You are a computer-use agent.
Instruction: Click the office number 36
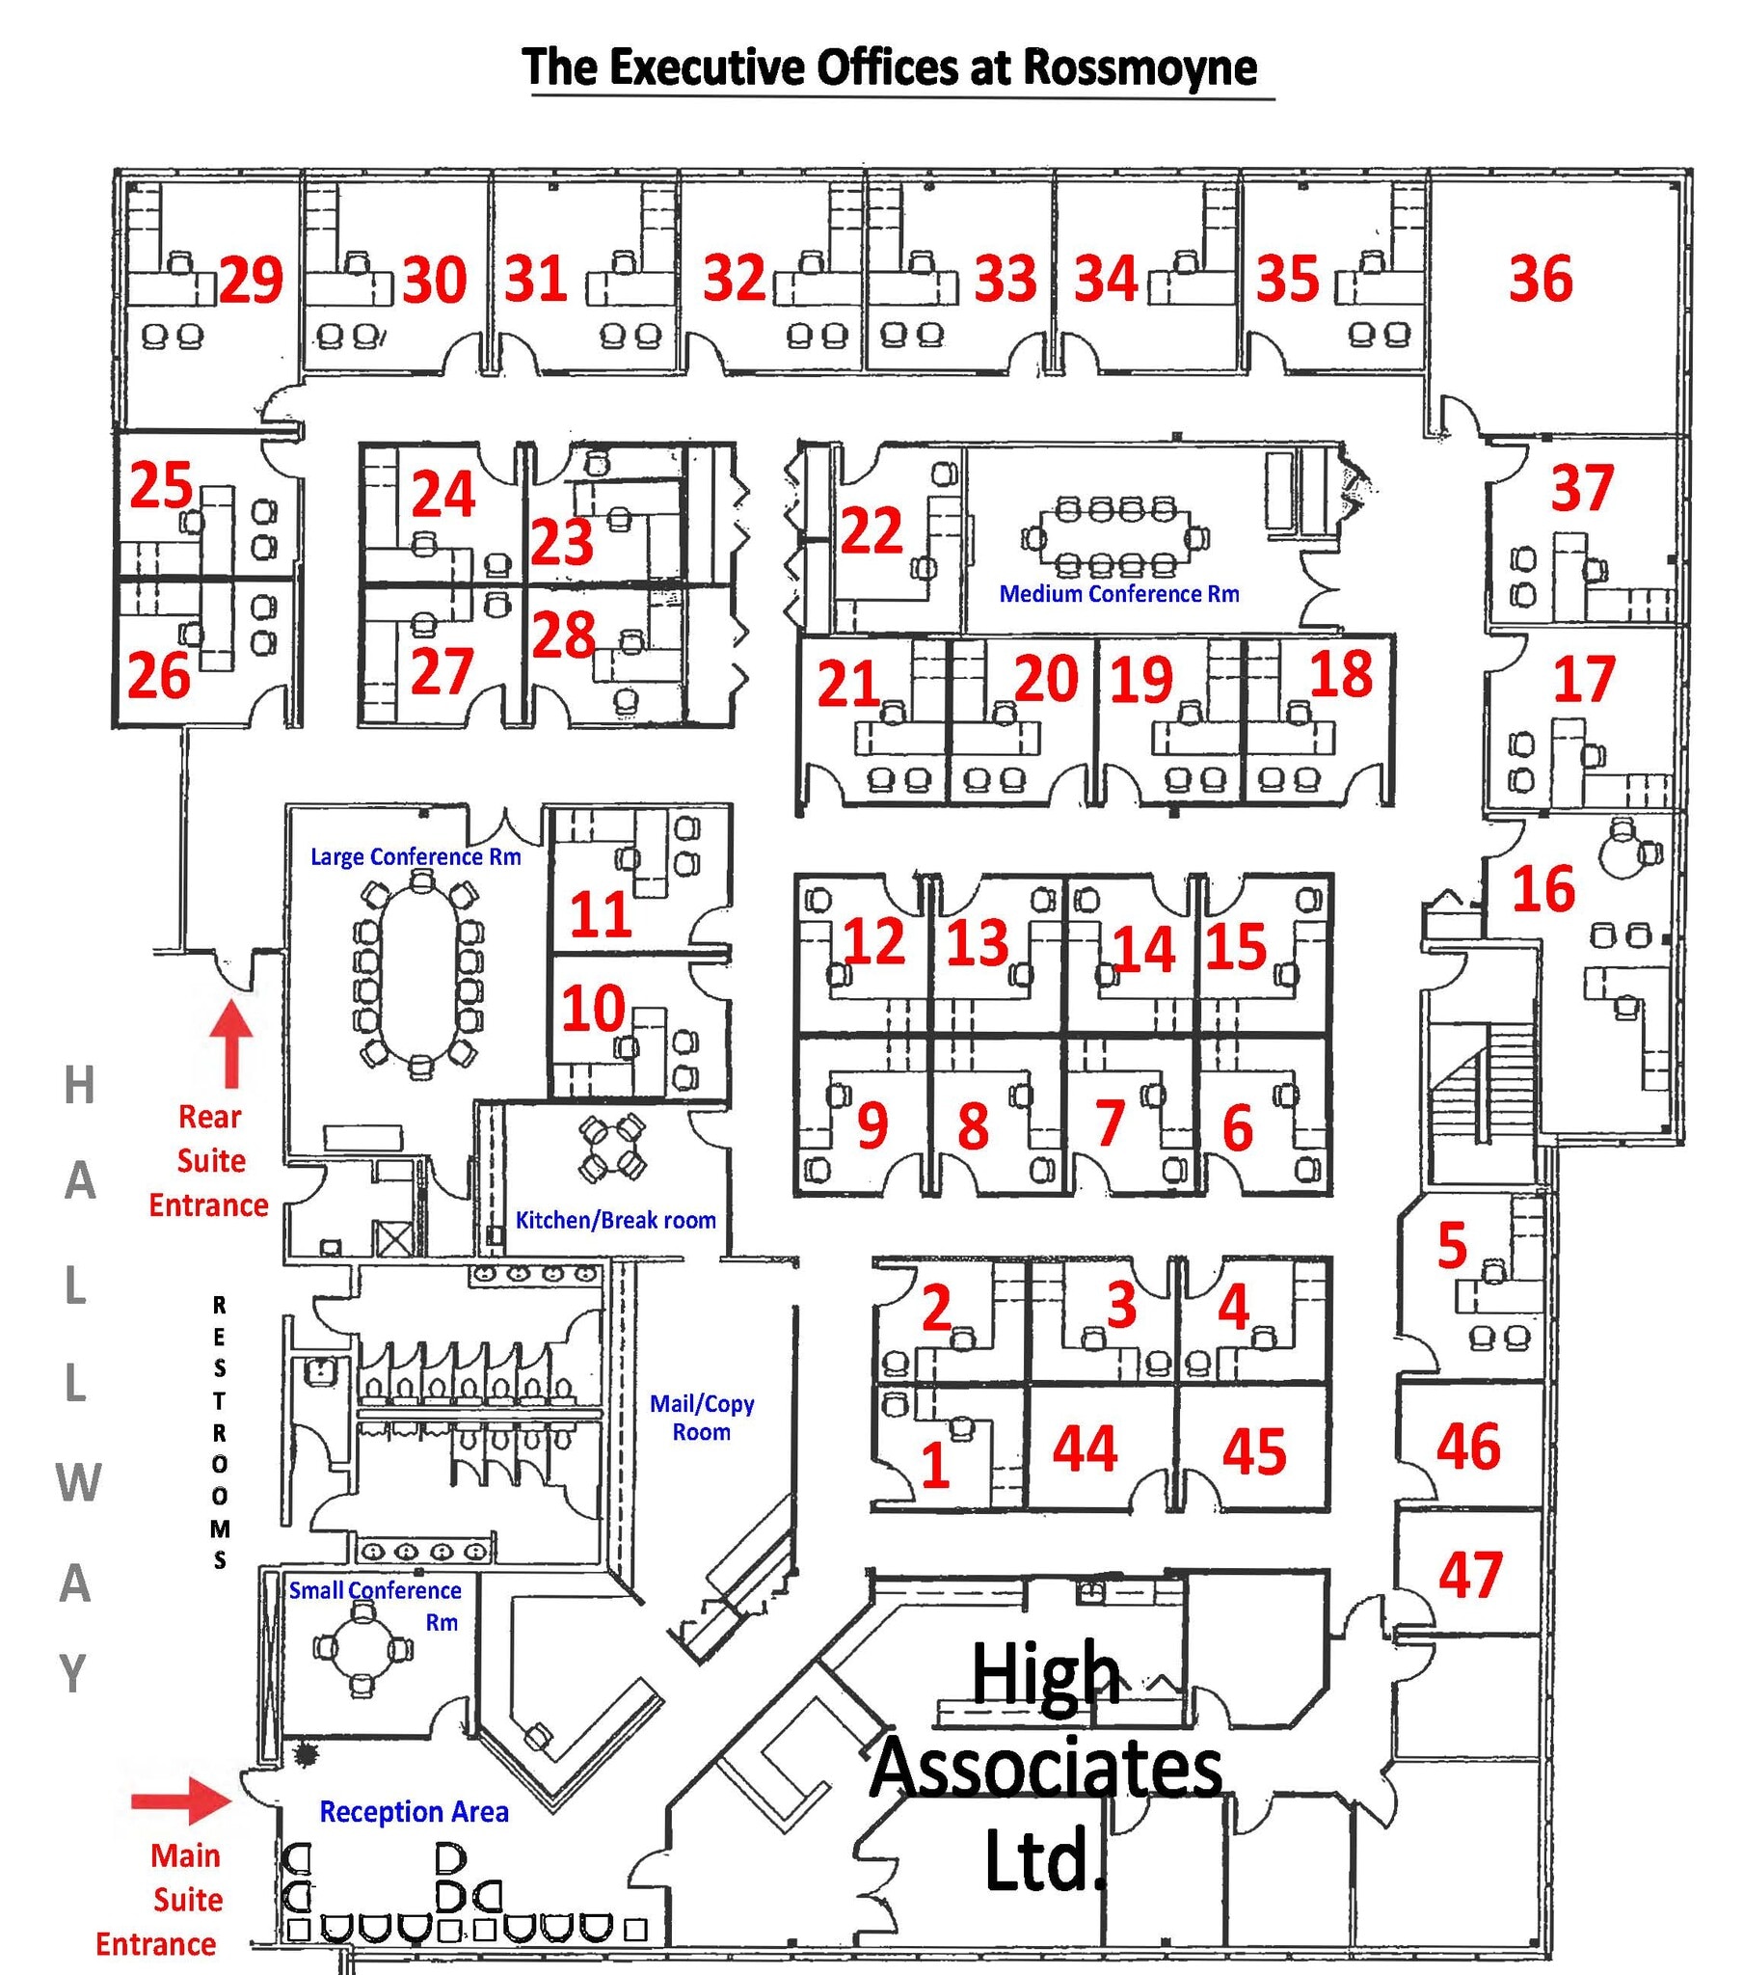[1541, 279]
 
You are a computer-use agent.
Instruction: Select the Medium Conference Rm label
[1119, 593]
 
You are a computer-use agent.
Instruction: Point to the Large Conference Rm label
[416, 856]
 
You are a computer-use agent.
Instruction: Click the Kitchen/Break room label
[615, 1219]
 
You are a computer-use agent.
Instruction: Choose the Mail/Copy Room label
[702, 1418]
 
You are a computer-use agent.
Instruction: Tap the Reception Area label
[414, 1812]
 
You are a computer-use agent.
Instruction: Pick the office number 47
[1469, 1574]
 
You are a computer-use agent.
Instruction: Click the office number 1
[934, 1464]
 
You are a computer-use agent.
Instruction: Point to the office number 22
[871, 529]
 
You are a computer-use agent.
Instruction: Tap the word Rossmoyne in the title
[1140, 68]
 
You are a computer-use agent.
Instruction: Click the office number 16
[1543, 888]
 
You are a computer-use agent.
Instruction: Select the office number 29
[252, 281]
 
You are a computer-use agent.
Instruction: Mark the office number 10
[593, 1008]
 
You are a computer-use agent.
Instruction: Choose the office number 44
[1084, 1448]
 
